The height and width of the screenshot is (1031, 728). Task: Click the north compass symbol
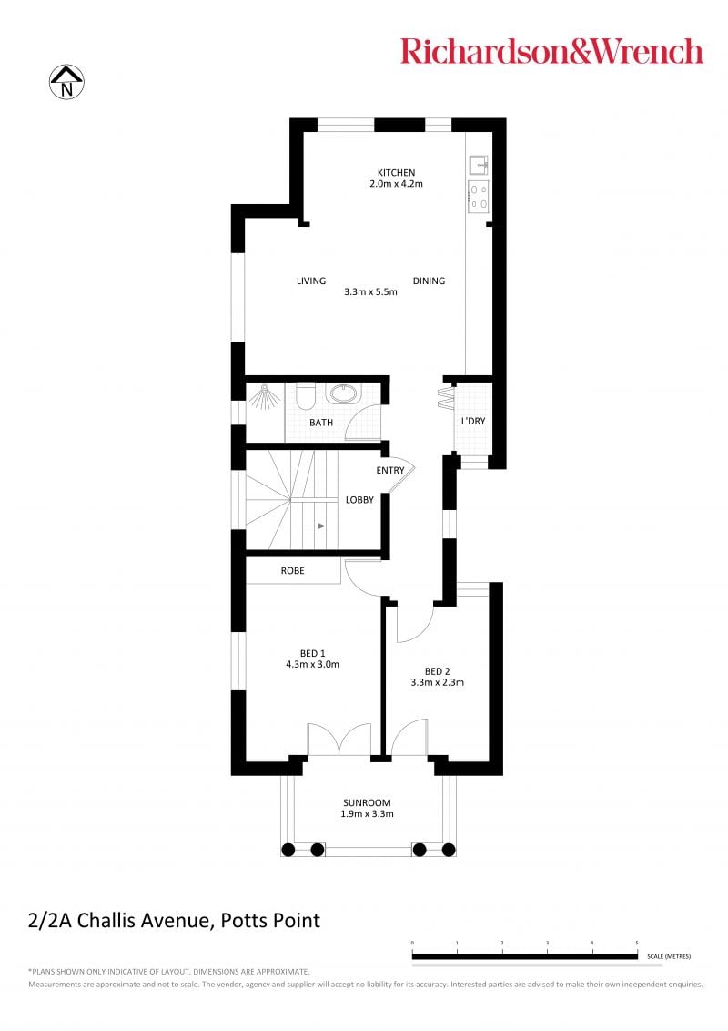[x=66, y=82]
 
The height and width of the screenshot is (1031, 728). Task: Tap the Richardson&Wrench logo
[x=551, y=51]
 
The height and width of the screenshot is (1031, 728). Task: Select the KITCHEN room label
[x=396, y=172]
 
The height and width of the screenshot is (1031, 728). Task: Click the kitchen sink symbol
[x=479, y=163]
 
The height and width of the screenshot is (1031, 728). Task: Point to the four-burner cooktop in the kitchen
[x=479, y=197]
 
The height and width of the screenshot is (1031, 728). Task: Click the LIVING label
[x=311, y=281]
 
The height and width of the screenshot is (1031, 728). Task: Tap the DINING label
[x=429, y=281]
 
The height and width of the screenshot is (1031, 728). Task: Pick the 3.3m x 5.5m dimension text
[x=370, y=292]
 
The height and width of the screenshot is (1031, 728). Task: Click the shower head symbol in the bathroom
[x=264, y=396]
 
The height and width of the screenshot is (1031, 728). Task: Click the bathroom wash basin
[x=343, y=393]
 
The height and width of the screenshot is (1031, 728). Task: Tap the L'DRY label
[x=473, y=421]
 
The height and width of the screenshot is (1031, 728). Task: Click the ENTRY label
[x=390, y=470]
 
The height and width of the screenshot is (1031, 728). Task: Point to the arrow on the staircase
[x=318, y=526]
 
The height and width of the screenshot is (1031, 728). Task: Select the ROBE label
[x=292, y=571]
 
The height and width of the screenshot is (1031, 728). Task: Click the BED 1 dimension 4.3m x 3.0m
[x=313, y=665]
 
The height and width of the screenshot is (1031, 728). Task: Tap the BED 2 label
[x=438, y=671]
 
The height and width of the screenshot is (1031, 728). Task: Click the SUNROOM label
[x=367, y=802]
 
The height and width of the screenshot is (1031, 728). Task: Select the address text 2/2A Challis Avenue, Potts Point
[x=174, y=921]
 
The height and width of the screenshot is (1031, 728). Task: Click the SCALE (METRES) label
[x=669, y=956]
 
